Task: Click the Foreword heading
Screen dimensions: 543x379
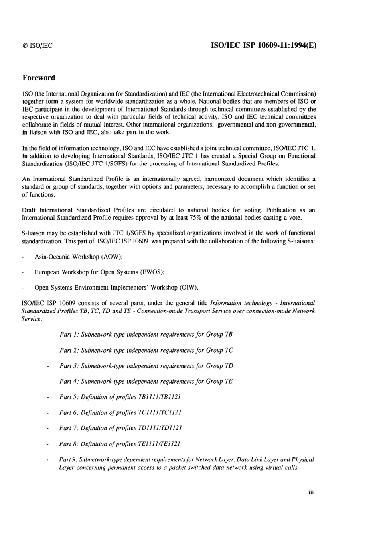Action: (x=39, y=78)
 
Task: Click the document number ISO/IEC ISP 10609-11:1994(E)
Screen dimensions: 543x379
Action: (x=263, y=45)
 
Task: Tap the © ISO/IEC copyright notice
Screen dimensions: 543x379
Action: (x=38, y=46)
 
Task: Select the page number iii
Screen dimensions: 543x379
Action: (x=311, y=492)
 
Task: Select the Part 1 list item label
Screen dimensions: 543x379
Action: (x=69, y=334)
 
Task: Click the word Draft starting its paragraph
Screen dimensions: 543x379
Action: (x=29, y=210)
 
